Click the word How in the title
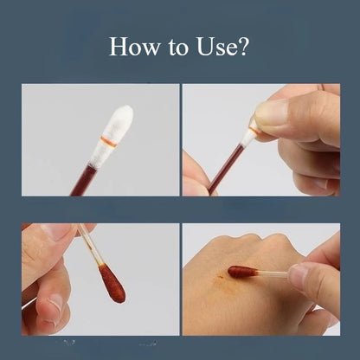point(134,46)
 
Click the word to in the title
point(178,48)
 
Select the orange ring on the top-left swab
point(109,141)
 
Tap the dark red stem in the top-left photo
point(84,181)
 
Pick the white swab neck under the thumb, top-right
point(249,134)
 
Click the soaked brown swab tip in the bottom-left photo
point(112,284)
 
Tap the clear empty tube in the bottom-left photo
point(90,245)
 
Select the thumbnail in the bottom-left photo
point(56,230)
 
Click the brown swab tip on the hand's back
point(242,272)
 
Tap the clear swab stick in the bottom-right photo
point(273,273)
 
